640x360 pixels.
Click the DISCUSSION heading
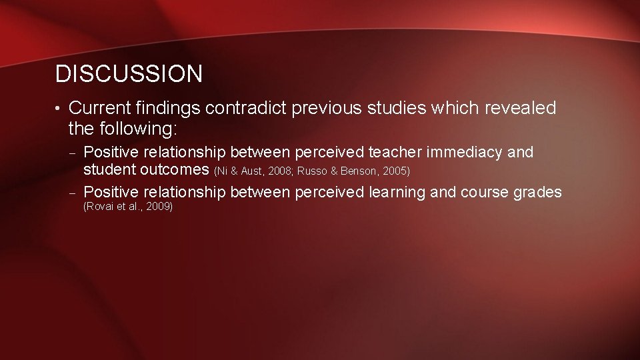129,74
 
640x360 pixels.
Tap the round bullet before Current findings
59,109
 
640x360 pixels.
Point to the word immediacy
469,153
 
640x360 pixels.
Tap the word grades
538,193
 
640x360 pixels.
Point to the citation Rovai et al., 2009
127,207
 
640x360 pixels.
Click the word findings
169,108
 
